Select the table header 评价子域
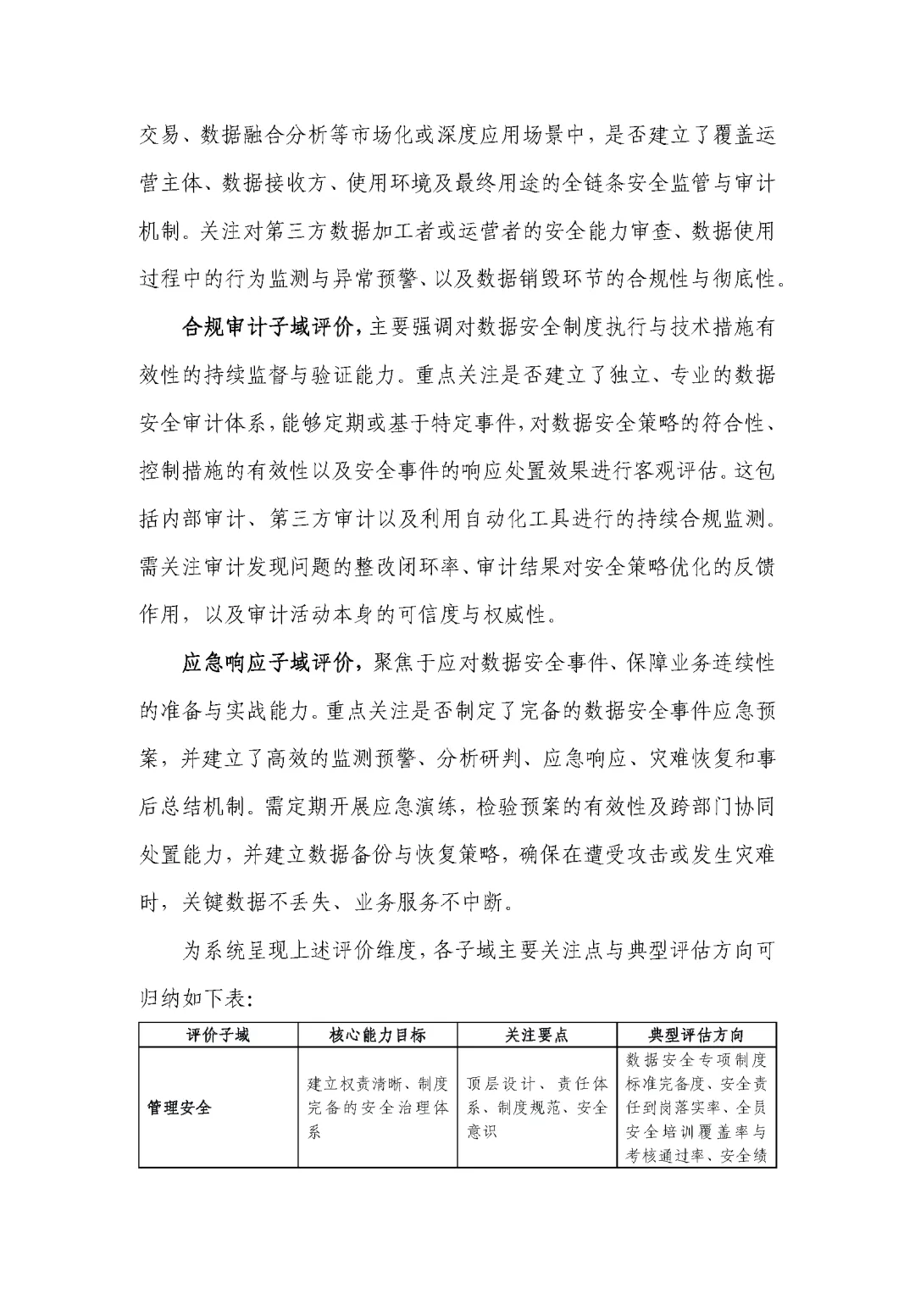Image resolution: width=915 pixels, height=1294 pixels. [x=218, y=1036]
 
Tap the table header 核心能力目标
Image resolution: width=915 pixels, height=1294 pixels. [x=377, y=1036]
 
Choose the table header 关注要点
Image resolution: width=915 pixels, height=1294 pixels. [x=536, y=1036]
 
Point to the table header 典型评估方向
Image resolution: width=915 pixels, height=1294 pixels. [x=696, y=1036]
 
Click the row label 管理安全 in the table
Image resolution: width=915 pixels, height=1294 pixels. [x=179, y=1108]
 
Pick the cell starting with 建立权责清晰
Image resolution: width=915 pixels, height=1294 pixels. [x=377, y=1108]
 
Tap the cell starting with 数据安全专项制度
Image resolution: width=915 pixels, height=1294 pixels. [x=696, y=1108]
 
